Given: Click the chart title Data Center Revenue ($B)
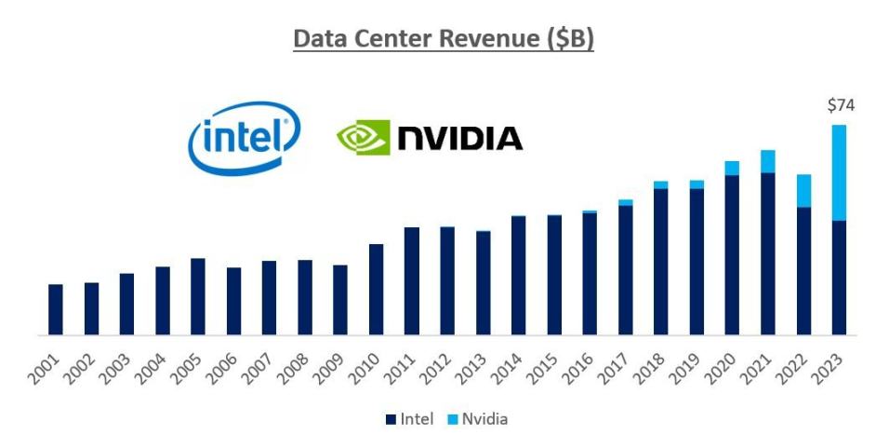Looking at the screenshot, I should tap(444, 40).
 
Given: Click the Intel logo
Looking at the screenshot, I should tap(245, 137).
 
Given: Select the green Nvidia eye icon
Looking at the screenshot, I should tap(362, 139).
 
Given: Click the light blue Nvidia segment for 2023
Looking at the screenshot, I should tap(840, 172).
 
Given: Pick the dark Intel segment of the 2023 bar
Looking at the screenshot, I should tap(840, 278).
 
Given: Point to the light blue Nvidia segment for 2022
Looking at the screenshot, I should tap(804, 190).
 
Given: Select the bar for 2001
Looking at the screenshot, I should tap(56, 309).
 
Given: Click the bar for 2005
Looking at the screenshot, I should tap(198, 296).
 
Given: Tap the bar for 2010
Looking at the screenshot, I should tap(376, 289).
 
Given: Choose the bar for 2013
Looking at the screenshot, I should tap(483, 282).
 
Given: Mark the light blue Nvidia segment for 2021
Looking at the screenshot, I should tap(768, 161).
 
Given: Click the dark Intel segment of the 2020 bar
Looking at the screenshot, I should tap(732, 254).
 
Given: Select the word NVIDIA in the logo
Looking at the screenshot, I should tap(459, 139).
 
